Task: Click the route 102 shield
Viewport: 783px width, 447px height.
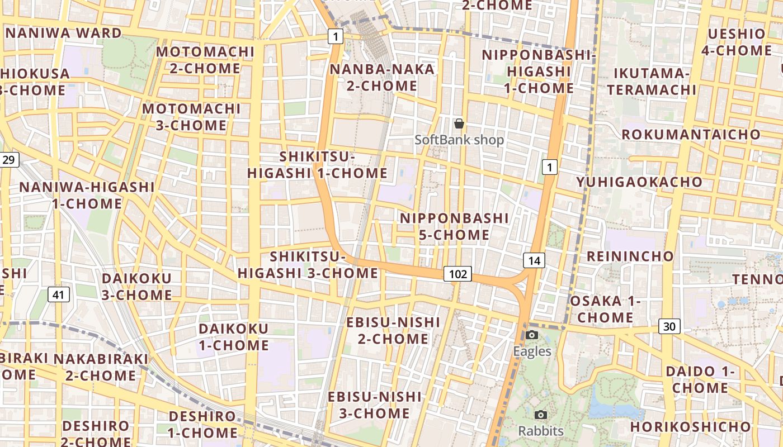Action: click(x=457, y=274)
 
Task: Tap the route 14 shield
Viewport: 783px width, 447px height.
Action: click(x=534, y=260)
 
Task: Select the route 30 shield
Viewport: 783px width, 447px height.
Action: click(x=669, y=326)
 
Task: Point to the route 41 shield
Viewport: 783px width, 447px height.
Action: click(x=58, y=294)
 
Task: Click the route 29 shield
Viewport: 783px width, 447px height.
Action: click(x=9, y=160)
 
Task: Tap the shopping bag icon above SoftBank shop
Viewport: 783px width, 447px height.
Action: click(x=459, y=123)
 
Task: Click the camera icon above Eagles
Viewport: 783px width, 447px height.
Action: click(x=532, y=335)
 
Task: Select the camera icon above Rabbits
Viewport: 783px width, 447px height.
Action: click(x=540, y=415)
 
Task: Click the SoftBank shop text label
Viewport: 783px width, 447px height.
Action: click(x=459, y=140)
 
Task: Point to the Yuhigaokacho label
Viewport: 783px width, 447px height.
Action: click(x=639, y=182)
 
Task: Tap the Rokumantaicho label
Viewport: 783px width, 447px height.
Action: click(x=691, y=134)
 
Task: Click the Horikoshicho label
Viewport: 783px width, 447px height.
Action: click(x=691, y=427)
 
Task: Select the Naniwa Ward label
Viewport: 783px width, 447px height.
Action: click(x=63, y=32)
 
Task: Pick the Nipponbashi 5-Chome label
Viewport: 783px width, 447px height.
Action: click(x=454, y=226)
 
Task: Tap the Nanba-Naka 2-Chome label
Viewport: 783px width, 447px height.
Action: click(x=382, y=77)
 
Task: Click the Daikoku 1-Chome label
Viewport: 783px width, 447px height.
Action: click(x=234, y=337)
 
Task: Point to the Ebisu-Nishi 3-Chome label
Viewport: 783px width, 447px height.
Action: click(x=374, y=405)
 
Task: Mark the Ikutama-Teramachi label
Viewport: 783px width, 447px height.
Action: click(x=652, y=81)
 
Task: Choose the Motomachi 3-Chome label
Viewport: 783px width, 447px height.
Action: click(x=191, y=117)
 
